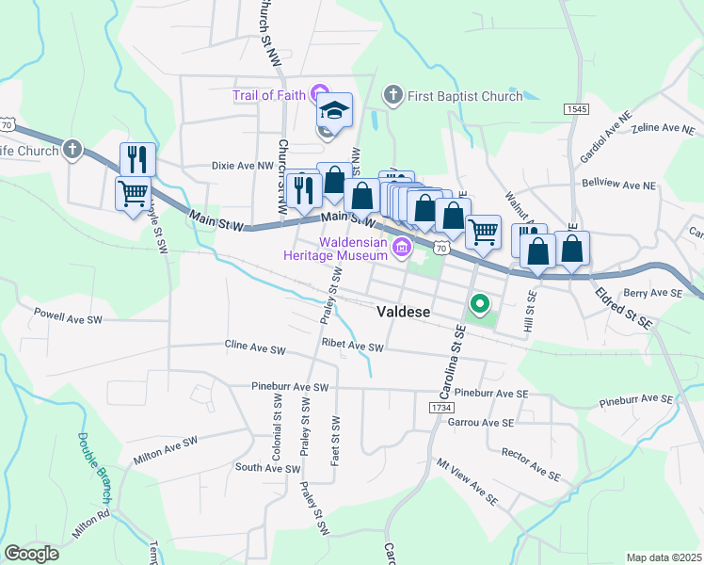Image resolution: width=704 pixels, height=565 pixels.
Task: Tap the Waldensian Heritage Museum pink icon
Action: pos(402,249)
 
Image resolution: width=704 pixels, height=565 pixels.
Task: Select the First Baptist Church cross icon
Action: pos(392,95)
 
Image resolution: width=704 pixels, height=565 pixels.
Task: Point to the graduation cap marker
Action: pos(334,110)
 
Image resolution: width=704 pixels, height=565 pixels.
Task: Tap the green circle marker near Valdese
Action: pos(479,303)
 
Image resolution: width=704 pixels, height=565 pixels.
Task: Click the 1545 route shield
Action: pos(576,110)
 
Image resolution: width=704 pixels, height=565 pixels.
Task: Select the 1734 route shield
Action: pos(440,407)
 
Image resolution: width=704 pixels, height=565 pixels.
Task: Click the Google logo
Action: pos(31,553)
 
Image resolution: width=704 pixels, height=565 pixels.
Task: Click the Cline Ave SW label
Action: pos(254,349)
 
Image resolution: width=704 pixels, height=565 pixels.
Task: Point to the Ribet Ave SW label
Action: pos(352,347)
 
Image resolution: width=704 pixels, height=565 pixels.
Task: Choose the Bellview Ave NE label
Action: pos(617,183)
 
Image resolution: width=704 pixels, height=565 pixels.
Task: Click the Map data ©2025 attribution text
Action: pos(664,557)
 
